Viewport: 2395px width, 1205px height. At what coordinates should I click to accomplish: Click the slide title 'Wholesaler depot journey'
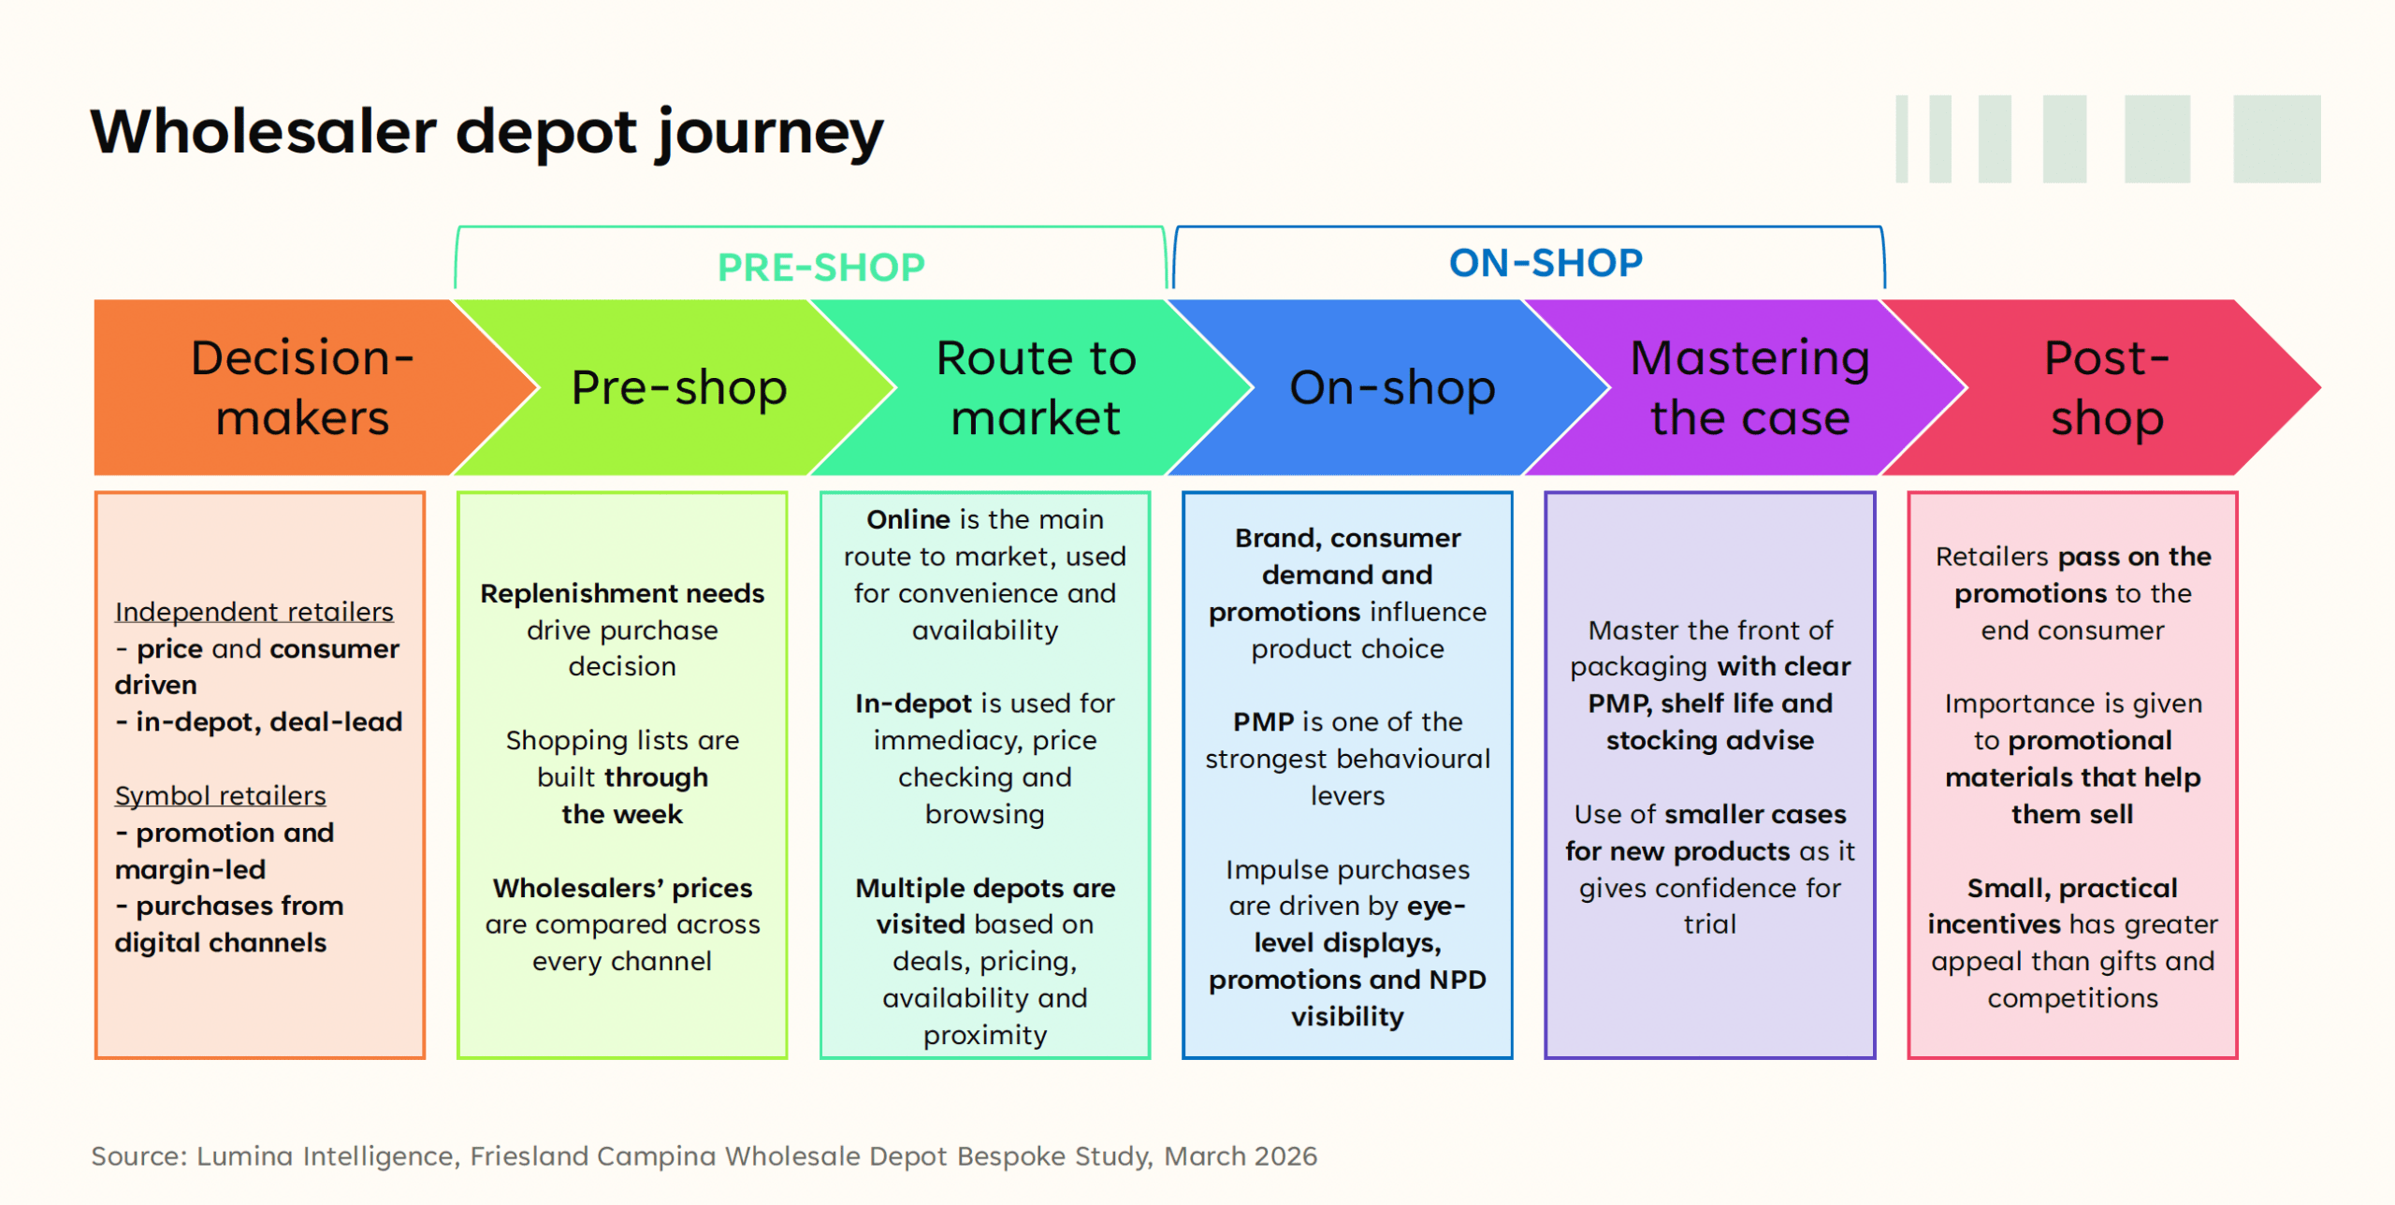[x=486, y=132]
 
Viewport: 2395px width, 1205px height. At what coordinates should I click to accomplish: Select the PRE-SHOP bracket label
[x=820, y=268]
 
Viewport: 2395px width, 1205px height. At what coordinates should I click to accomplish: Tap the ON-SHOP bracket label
[x=1546, y=263]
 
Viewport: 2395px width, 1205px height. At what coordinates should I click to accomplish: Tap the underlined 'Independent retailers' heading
[x=254, y=612]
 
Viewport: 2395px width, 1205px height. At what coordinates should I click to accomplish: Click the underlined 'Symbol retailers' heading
[x=220, y=795]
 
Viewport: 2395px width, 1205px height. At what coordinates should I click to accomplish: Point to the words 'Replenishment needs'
[x=622, y=593]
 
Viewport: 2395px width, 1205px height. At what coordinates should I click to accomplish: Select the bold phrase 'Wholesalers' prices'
[x=622, y=887]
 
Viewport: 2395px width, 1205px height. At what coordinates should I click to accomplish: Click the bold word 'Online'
[x=907, y=519]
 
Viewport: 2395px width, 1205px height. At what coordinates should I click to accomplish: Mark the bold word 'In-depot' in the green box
[x=913, y=704]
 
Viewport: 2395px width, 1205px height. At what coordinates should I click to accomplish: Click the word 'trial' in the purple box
[x=1709, y=924]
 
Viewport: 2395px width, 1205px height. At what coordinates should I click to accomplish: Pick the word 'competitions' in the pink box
[x=2072, y=998]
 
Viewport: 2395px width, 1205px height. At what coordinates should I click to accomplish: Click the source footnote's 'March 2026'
[x=1240, y=1156]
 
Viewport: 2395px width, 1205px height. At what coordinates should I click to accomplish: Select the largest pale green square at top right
[x=2276, y=138]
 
